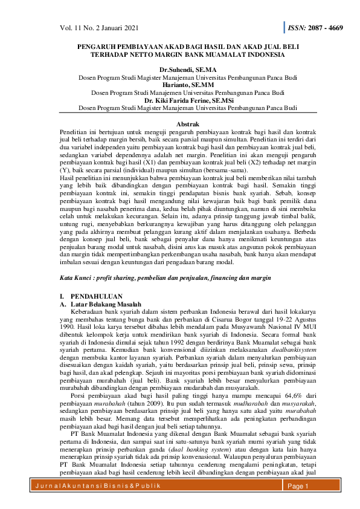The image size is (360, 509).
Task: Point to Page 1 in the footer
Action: click(298, 486)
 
